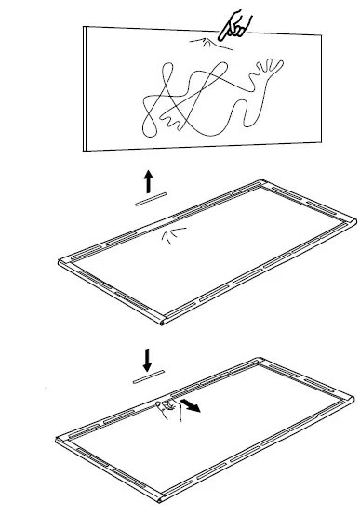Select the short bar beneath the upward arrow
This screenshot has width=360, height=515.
[149, 198]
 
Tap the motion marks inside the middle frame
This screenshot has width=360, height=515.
[174, 236]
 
